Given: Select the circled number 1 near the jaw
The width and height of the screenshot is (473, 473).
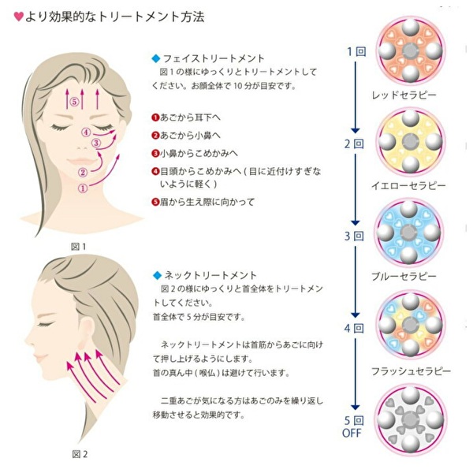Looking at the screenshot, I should click(x=83, y=188).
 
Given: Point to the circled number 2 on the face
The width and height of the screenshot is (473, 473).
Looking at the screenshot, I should click(x=82, y=172).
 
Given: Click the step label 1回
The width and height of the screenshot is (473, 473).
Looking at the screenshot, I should click(x=356, y=52).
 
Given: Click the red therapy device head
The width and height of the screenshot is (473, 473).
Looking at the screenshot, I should click(x=409, y=50).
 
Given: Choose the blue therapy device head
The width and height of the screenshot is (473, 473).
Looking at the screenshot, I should click(x=409, y=233).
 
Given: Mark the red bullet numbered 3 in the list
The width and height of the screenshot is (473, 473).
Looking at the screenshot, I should click(x=156, y=152).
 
